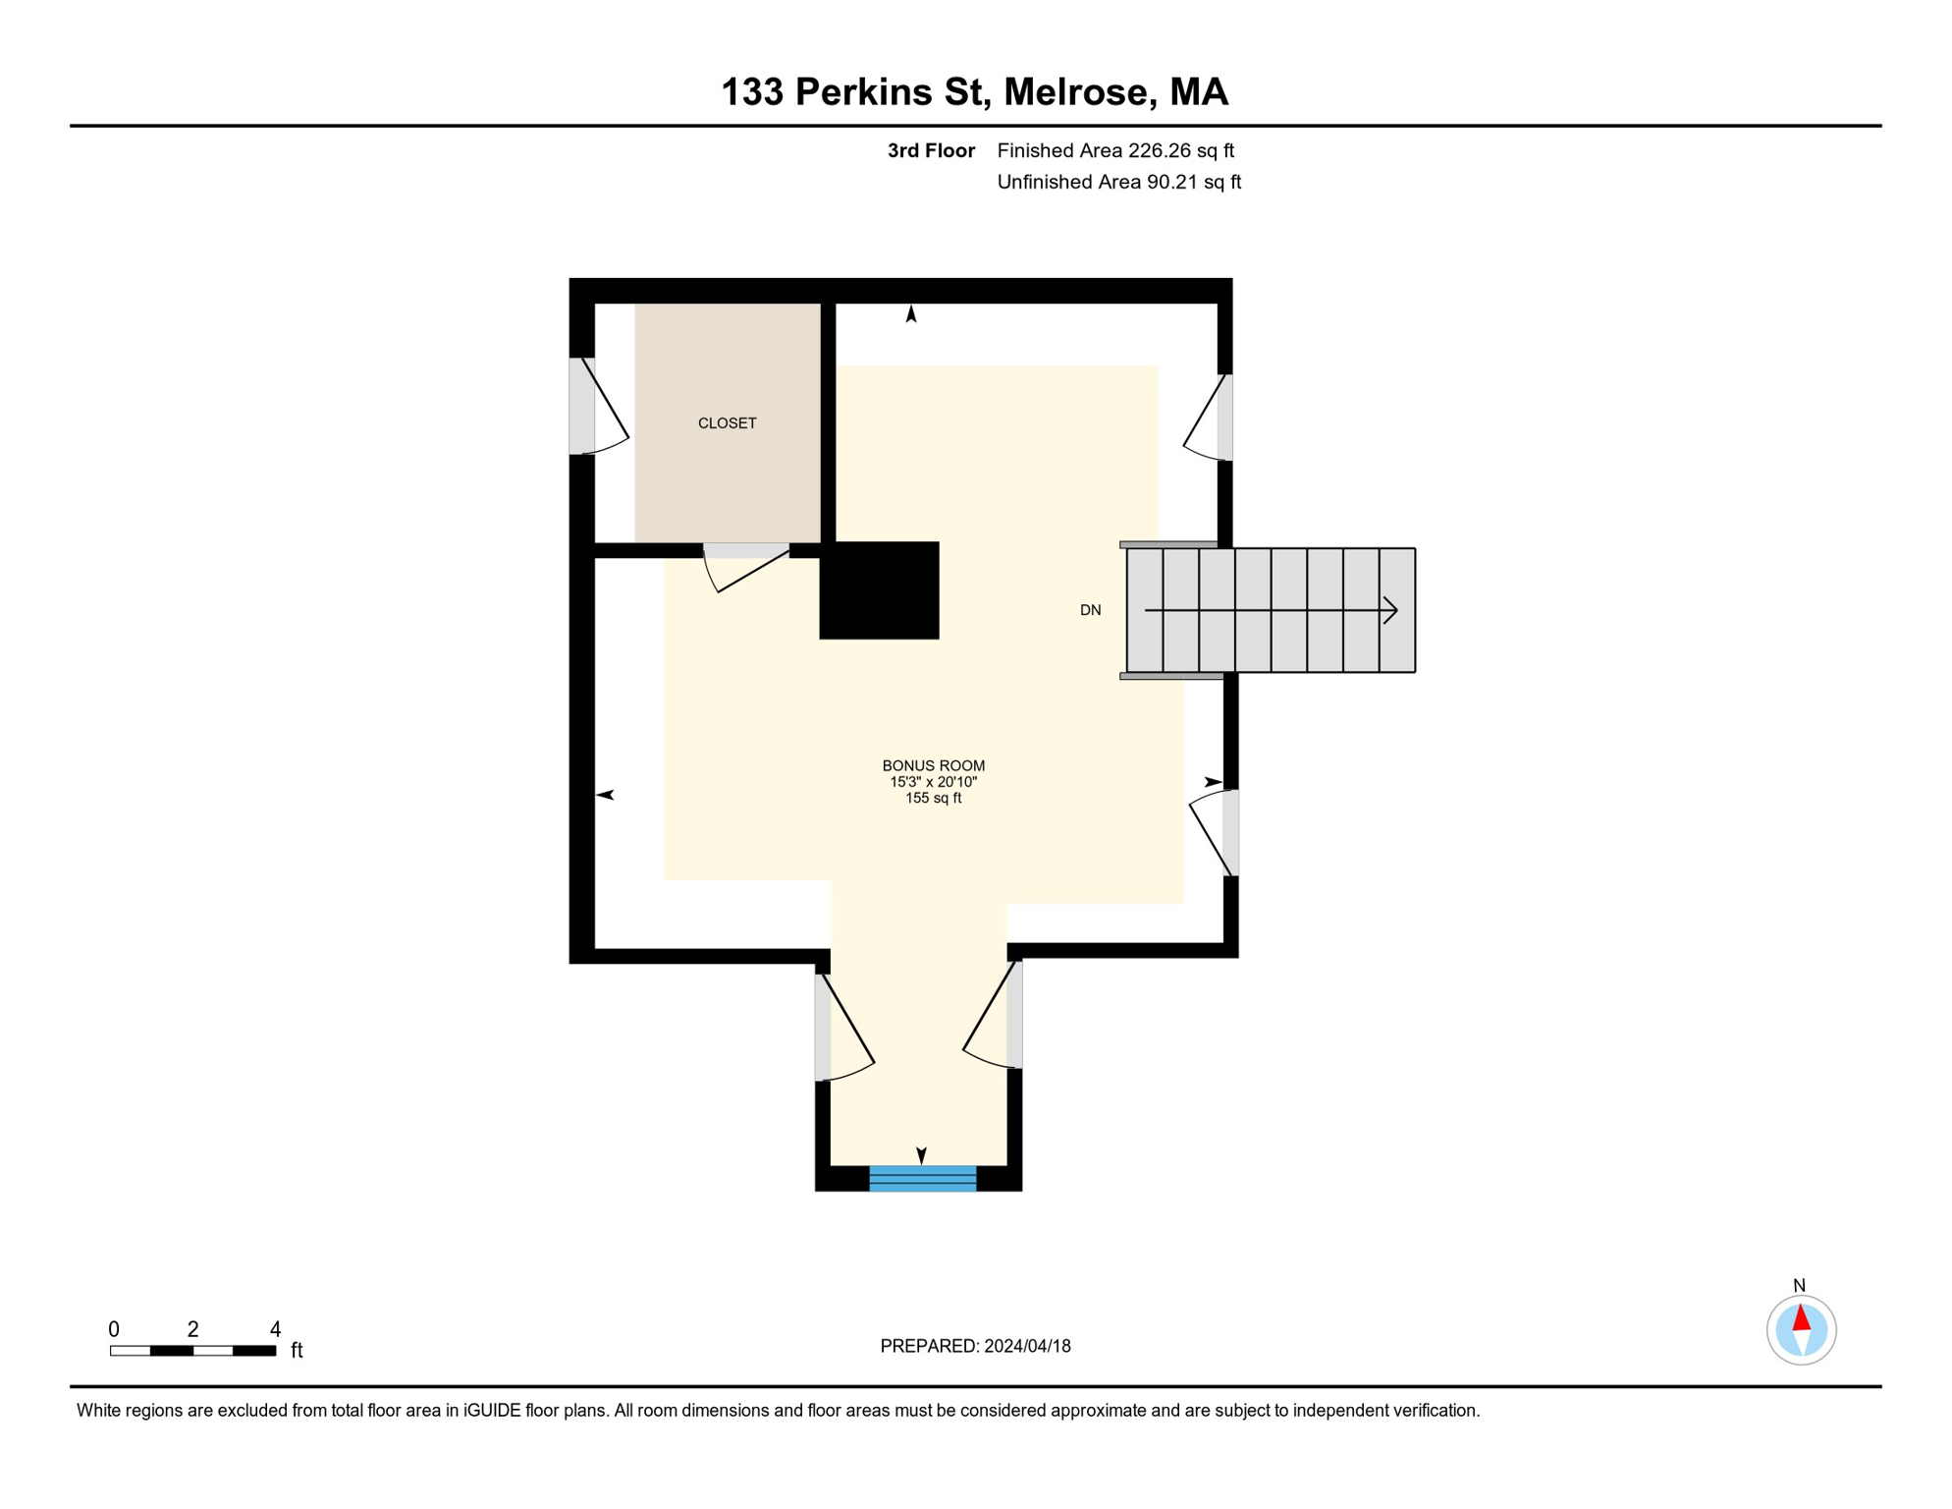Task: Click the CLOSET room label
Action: tap(727, 423)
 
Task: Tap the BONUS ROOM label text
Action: tap(933, 765)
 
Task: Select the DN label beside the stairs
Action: tap(1090, 610)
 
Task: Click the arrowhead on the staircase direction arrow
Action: tap(1390, 610)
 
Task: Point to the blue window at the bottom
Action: tap(922, 1178)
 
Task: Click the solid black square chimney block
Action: tap(879, 590)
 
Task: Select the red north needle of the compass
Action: tap(1801, 1317)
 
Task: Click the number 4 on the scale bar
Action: tap(275, 1329)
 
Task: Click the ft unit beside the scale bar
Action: tap(297, 1351)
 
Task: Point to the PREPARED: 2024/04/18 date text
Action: tap(975, 1346)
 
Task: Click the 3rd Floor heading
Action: tap(931, 150)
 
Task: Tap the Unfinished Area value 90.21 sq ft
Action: tap(1193, 182)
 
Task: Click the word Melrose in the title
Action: tap(1075, 91)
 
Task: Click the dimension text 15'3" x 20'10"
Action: tap(933, 782)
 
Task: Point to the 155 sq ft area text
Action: tap(933, 798)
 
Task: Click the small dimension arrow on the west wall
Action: tap(606, 794)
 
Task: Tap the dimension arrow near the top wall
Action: tap(911, 314)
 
